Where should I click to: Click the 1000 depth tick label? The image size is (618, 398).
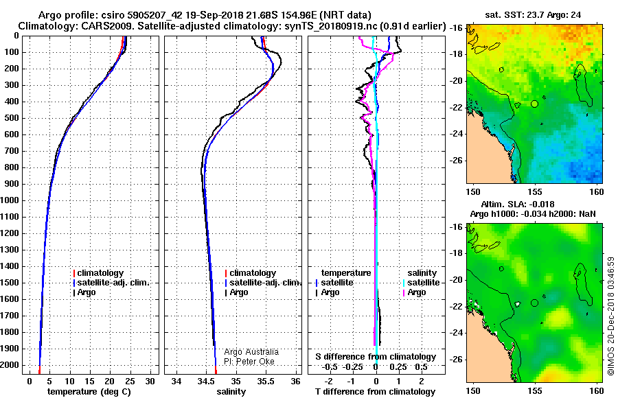click(x=10, y=200)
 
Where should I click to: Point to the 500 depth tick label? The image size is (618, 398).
click(x=12, y=118)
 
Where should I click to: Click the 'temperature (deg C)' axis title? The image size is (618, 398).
click(x=89, y=392)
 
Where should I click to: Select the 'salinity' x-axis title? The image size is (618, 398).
click(x=231, y=392)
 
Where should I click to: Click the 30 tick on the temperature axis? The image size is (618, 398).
click(x=150, y=382)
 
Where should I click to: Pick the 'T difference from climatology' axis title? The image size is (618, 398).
click(x=375, y=392)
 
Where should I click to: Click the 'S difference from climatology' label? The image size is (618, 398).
click(x=376, y=357)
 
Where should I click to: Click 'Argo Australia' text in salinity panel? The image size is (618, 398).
click(x=251, y=352)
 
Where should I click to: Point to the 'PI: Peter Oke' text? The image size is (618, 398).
click(x=249, y=362)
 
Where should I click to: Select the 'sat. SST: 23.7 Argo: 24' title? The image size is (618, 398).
click(x=533, y=15)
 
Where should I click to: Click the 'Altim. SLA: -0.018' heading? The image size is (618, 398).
click(x=518, y=204)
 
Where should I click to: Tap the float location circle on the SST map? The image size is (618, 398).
click(x=534, y=104)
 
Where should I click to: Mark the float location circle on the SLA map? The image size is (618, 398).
click(x=534, y=303)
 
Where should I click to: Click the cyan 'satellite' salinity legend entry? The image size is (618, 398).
click(x=421, y=283)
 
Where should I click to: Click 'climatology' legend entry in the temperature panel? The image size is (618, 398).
click(x=98, y=273)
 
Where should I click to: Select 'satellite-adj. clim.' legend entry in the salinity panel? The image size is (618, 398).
click(x=263, y=283)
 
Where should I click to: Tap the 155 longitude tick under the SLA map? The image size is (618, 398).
click(x=534, y=391)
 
